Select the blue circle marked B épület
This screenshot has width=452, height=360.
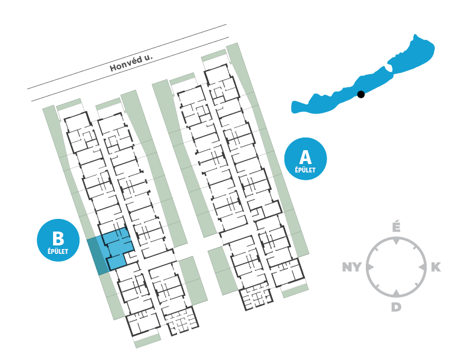click(58, 240)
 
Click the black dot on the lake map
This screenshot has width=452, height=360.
click(361, 94)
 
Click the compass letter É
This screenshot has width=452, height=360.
click(396, 227)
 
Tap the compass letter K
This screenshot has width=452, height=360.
click(436, 267)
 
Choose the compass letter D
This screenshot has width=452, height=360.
click(396, 307)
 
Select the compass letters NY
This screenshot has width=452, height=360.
click(353, 267)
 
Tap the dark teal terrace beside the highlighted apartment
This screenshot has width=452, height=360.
click(96, 256)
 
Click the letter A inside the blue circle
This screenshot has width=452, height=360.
click(306, 157)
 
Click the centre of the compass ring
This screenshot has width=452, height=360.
click(396, 267)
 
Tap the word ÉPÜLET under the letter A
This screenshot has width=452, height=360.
click(306, 171)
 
